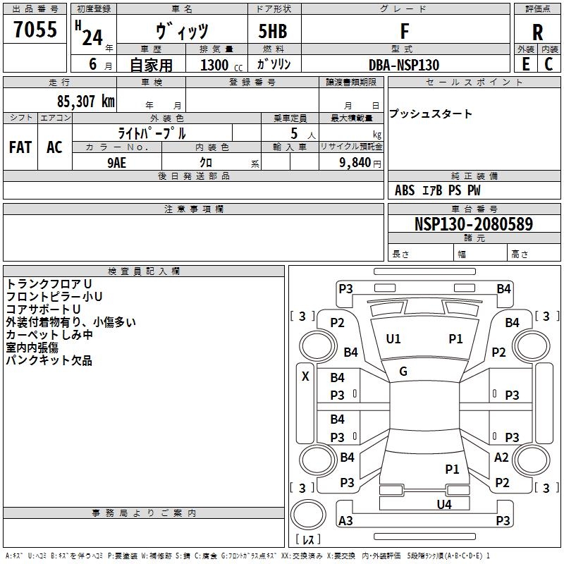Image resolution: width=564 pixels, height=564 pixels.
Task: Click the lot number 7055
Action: (35, 29)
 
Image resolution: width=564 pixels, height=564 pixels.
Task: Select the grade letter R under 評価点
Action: (537, 32)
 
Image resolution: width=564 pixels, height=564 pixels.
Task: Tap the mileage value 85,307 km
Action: (86, 101)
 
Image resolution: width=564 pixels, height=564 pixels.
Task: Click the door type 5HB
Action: (273, 31)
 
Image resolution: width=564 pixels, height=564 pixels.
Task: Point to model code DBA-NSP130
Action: (404, 65)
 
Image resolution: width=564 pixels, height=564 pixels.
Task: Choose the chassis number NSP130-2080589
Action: (474, 223)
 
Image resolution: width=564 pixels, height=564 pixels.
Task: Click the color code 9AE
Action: (116, 163)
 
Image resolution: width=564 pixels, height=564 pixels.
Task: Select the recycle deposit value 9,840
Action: (355, 163)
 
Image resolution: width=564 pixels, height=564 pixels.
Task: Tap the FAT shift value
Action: (20, 147)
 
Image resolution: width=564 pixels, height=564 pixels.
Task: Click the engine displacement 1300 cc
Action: (221, 65)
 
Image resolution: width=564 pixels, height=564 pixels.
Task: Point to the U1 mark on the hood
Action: (393, 339)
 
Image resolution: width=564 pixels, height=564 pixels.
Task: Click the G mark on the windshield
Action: (403, 371)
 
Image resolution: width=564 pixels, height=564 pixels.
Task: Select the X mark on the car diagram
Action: (305, 376)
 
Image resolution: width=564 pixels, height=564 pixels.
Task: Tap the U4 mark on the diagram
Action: (444, 504)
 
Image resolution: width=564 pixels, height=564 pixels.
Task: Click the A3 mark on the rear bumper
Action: (345, 520)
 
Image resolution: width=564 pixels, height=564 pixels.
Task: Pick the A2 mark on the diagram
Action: (501, 458)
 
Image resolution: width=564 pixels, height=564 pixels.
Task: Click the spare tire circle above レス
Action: (308, 515)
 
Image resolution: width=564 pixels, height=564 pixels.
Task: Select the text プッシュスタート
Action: (431, 114)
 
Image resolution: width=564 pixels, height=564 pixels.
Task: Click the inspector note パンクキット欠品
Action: (49, 360)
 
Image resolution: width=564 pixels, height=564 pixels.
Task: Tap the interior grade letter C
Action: (548, 64)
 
